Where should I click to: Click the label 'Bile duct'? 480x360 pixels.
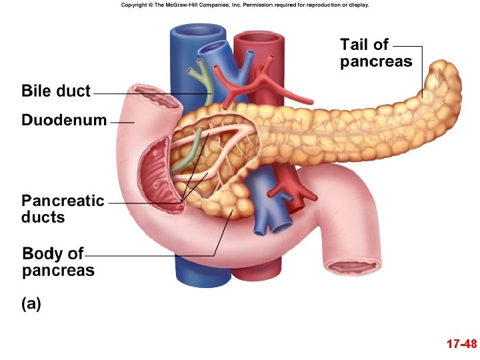point(55,91)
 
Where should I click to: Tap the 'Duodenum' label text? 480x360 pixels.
point(64,121)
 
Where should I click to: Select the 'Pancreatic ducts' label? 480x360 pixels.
point(63,209)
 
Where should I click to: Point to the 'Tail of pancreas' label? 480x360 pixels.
point(375,53)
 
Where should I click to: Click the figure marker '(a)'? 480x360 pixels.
point(31,304)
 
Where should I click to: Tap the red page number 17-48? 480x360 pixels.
point(461,345)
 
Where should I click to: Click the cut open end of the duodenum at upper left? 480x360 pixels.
point(155,99)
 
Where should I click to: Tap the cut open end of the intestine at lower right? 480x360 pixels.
point(353,268)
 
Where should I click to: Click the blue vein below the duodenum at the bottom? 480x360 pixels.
point(193,273)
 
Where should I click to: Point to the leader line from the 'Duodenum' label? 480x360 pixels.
point(121,123)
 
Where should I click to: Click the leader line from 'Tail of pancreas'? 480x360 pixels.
point(421,67)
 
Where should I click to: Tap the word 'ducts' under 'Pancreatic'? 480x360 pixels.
point(43,217)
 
